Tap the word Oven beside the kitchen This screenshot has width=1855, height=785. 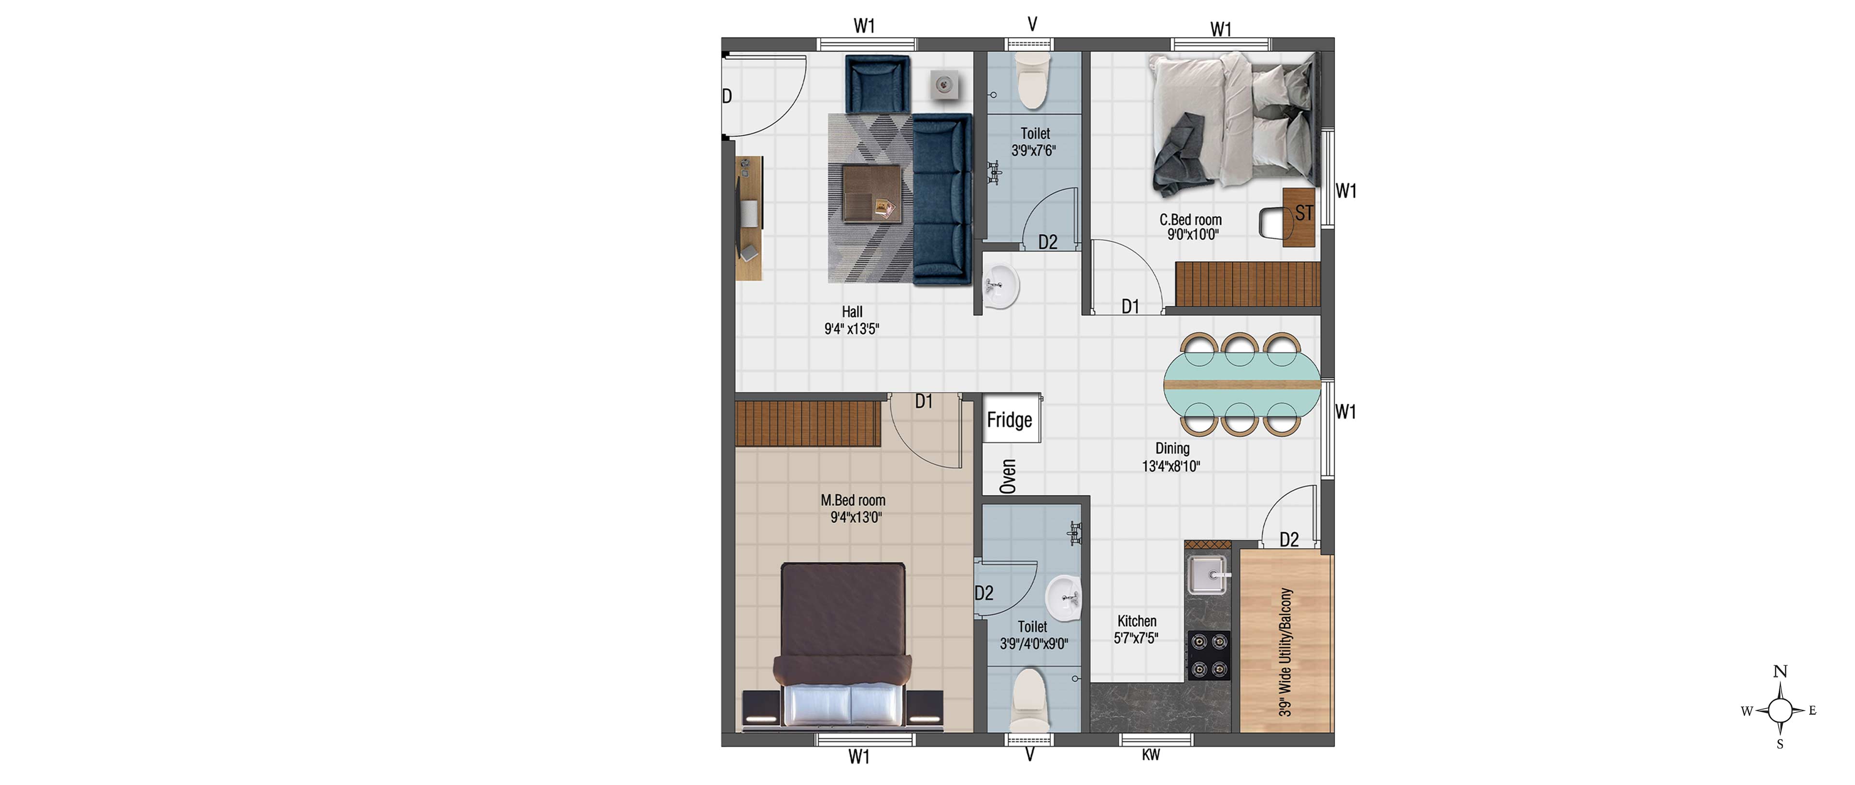[1008, 477]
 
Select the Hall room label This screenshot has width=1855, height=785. [852, 320]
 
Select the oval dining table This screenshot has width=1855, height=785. [1242, 385]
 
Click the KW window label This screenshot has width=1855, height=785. [1151, 754]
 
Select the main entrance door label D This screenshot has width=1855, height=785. [728, 96]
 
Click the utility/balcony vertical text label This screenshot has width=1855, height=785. [1286, 652]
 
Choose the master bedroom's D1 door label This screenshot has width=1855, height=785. [924, 401]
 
